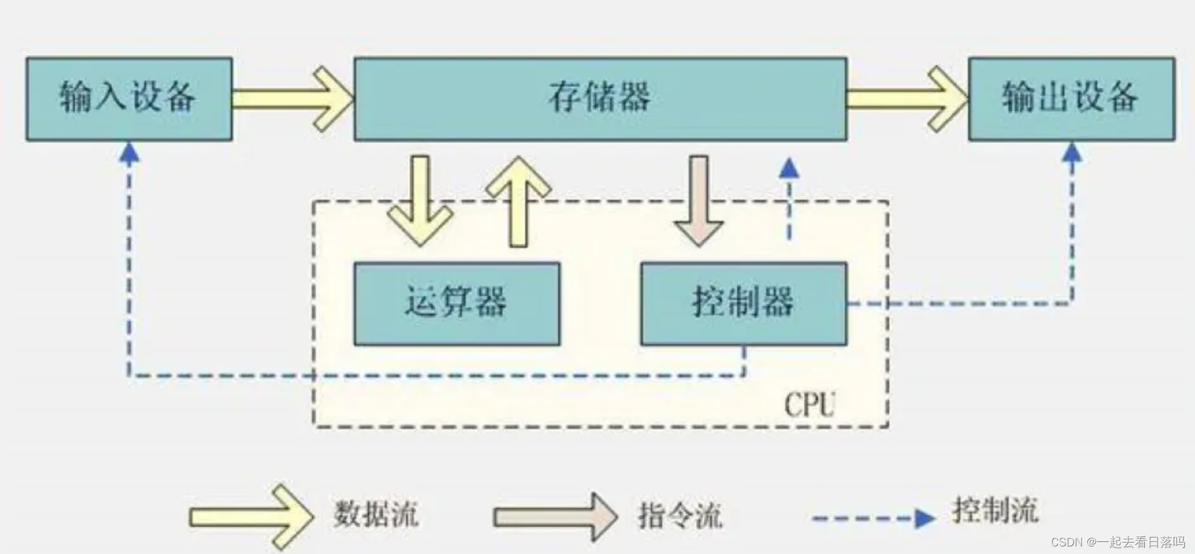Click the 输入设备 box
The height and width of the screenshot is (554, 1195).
tap(129, 98)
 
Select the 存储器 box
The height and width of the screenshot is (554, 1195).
tap(600, 98)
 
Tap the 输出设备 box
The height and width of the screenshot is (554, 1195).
tap(1071, 98)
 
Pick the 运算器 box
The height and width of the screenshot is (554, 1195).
tap(457, 304)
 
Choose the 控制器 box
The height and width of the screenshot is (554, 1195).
tap(743, 304)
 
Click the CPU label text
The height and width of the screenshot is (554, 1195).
tap(809, 404)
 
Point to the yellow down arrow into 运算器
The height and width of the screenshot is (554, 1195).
tap(420, 201)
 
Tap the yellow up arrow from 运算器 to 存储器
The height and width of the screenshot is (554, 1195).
tap(518, 201)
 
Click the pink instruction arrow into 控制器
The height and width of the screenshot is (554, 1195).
tap(698, 201)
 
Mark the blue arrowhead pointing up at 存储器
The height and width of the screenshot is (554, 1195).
tap(789, 168)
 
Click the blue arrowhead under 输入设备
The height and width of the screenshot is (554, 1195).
tap(129, 153)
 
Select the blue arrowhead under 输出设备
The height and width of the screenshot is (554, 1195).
tap(1072, 153)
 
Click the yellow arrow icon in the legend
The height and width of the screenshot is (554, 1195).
tap(251, 516)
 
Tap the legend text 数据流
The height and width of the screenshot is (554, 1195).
tap(376, 513)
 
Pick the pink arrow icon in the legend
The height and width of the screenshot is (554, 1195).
tap(556, 517)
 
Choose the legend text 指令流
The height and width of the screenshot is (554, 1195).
tap(680, 515)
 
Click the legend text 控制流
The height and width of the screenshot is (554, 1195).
tap(995, 510)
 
